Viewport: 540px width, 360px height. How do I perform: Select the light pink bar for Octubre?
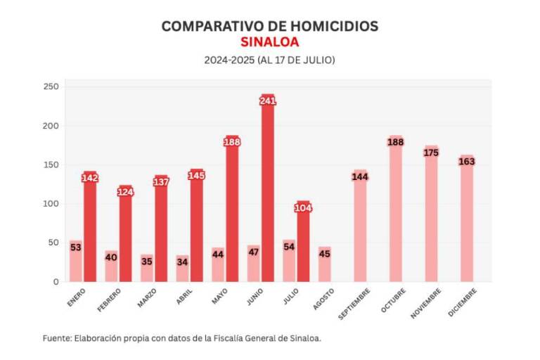tap(395, 211)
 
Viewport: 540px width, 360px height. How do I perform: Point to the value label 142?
tap(90, 178)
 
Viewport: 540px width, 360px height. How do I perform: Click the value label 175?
tap(431, 153)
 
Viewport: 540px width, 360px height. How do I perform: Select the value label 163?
tap(467, 162)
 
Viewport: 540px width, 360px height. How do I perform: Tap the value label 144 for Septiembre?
tap(360, 176)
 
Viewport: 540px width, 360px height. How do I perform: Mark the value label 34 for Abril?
tap(182, 262)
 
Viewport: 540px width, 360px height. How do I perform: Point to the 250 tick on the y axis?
tap(51, 87)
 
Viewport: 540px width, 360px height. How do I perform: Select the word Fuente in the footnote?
tap(56, 338)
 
